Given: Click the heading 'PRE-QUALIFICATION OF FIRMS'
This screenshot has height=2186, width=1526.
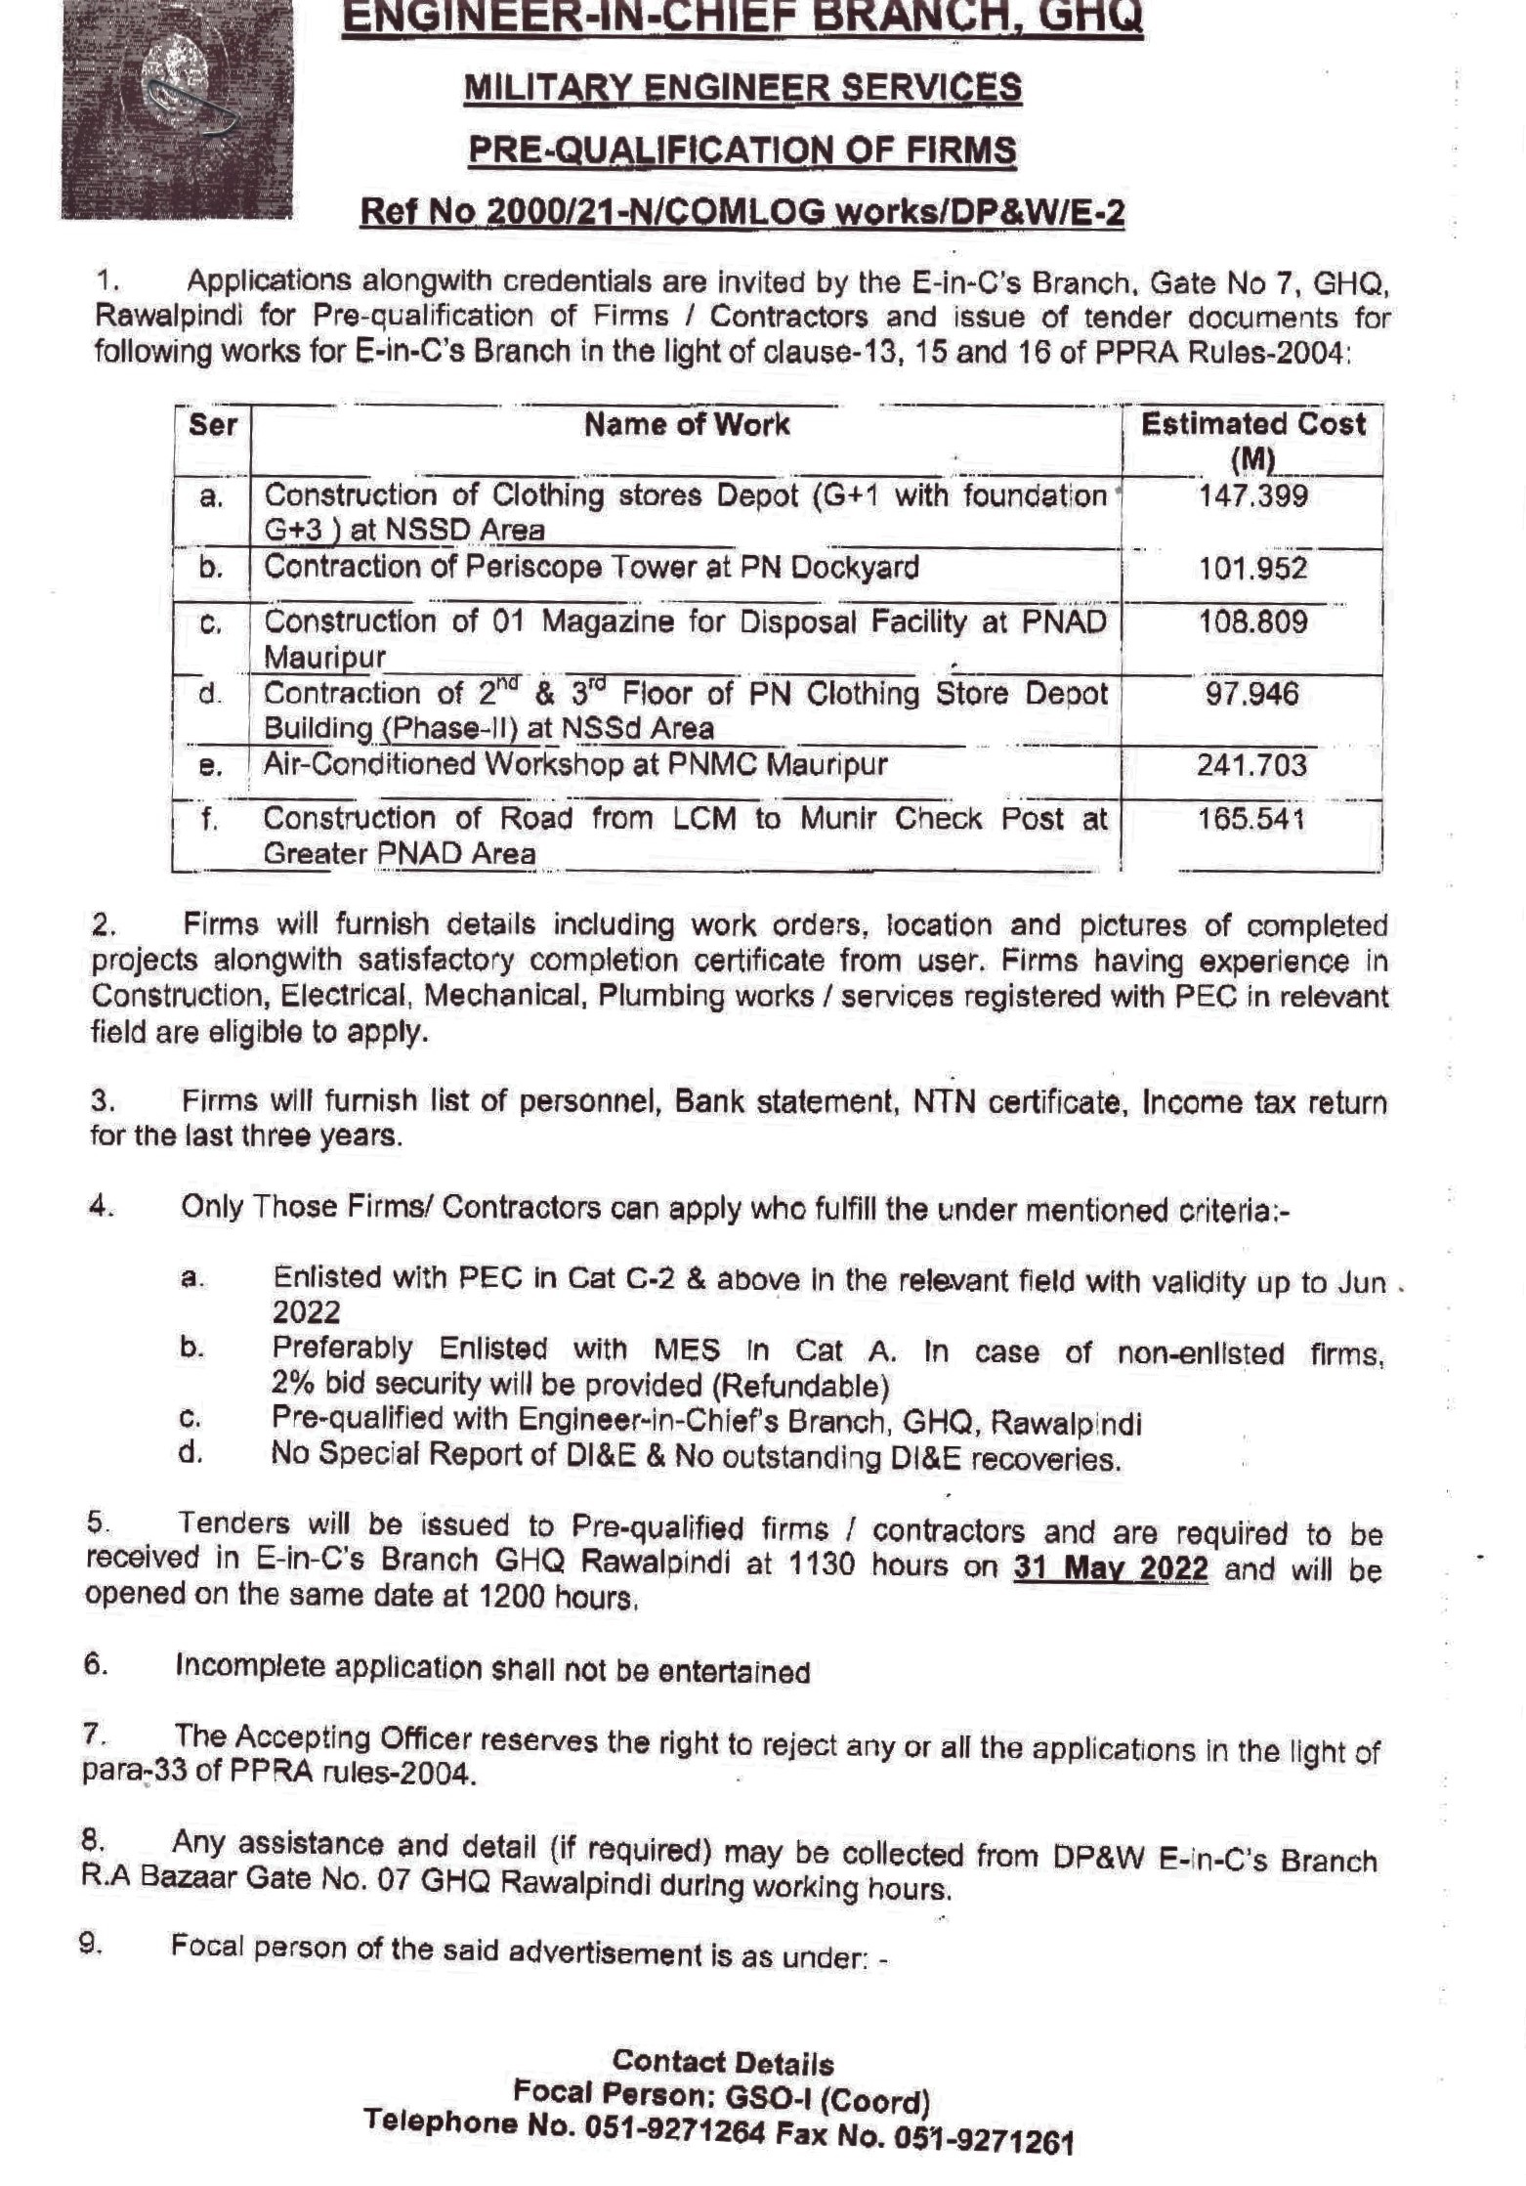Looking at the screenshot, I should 742,150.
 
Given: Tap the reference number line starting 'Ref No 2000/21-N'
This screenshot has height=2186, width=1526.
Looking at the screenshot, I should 742,212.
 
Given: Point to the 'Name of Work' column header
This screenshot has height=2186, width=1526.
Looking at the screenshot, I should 687,425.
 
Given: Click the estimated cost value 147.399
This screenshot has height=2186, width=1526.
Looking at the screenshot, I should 1252,496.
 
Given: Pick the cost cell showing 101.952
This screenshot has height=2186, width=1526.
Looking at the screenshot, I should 1252,568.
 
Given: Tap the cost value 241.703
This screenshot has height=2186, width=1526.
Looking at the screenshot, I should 1251,764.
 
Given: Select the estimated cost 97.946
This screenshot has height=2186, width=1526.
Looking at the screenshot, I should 1251,695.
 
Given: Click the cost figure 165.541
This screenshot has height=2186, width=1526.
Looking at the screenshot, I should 1251,819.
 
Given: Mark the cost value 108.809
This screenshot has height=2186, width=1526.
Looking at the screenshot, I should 1252,622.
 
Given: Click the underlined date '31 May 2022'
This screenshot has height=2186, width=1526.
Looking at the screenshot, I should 1111,1567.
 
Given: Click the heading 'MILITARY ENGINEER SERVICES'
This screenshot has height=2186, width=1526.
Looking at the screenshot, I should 742,88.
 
